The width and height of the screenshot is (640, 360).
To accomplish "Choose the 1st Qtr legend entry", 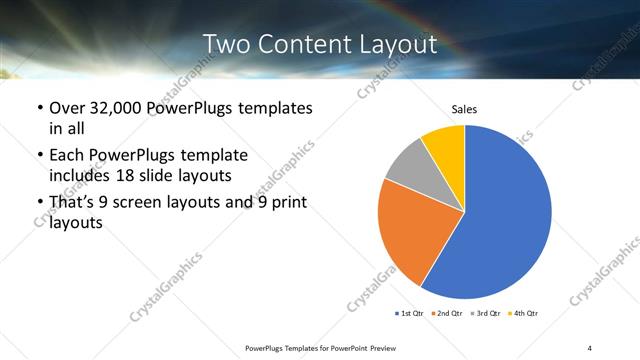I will tap(410, 314).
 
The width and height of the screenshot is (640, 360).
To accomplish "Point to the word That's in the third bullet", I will tap(74, 203).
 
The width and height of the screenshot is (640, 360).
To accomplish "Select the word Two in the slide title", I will tap(224, 45).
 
